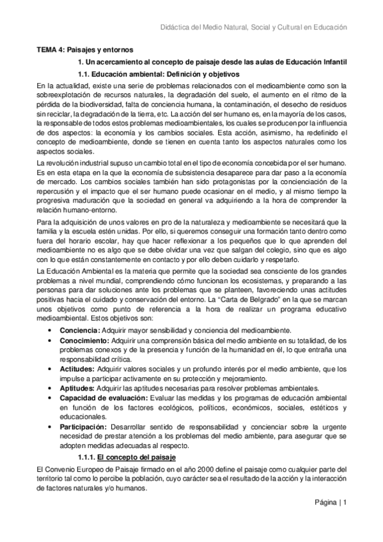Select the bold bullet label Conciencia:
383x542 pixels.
(x=80, y=330)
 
